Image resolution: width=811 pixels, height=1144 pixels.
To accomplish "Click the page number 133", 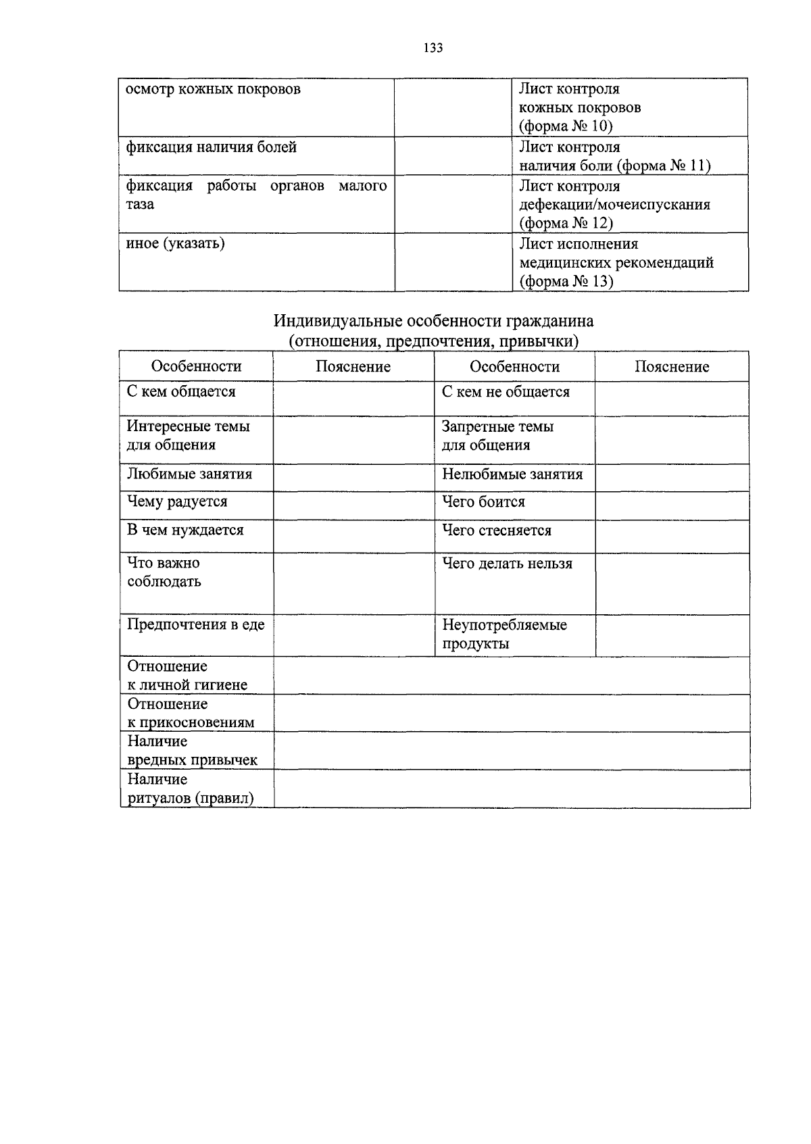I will pyautogui.click(x=433, y=48).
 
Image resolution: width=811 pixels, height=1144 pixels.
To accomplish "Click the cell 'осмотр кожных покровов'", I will pyautogui.click(x=214, y=90).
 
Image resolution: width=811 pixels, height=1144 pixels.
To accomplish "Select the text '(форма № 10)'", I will pyautogui.click(x=566, y=126).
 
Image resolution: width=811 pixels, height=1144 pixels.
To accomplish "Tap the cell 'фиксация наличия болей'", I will pyautogui.click(x=212, y=147).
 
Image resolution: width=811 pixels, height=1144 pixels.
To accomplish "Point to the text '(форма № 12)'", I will pyautogui.click(x=566, y=223).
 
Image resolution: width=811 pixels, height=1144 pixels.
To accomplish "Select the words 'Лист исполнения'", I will pyautogui.click(x=578, y=243).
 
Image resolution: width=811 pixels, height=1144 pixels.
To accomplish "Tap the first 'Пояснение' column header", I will pyautogui.click(x=353, y=367).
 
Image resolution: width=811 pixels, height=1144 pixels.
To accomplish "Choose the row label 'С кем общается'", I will pyautogui.click(x=181, y=392).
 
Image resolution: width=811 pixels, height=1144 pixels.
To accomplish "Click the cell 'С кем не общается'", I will pyautogui.click(x=506, y=392).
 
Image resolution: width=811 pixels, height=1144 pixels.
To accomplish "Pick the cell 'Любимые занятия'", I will pyautogui.click(x=189, y=474).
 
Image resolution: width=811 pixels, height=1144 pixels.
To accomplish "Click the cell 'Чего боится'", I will pyautogui.click(x=483, y=502).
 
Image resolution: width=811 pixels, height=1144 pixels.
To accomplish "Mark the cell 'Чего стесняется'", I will pyautogui.click(x=497, y=531).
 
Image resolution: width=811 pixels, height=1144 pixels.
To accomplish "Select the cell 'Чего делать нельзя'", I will pyautogui.click(x=507, y=564).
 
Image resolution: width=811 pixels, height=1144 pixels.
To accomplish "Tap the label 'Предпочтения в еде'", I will pyautogui.click(x=196, y=625).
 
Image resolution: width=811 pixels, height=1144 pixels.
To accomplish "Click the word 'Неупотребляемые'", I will pyautogui.click(x=504, y=625).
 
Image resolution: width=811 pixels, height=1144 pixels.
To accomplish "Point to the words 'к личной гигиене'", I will pyautogui.click(x=187, y=685).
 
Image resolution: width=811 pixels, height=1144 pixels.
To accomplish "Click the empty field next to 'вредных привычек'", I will pyautogui.click(x=512, y=751).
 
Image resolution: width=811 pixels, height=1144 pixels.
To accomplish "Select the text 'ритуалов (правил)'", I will pyautogui.click(x=191, y=799).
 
